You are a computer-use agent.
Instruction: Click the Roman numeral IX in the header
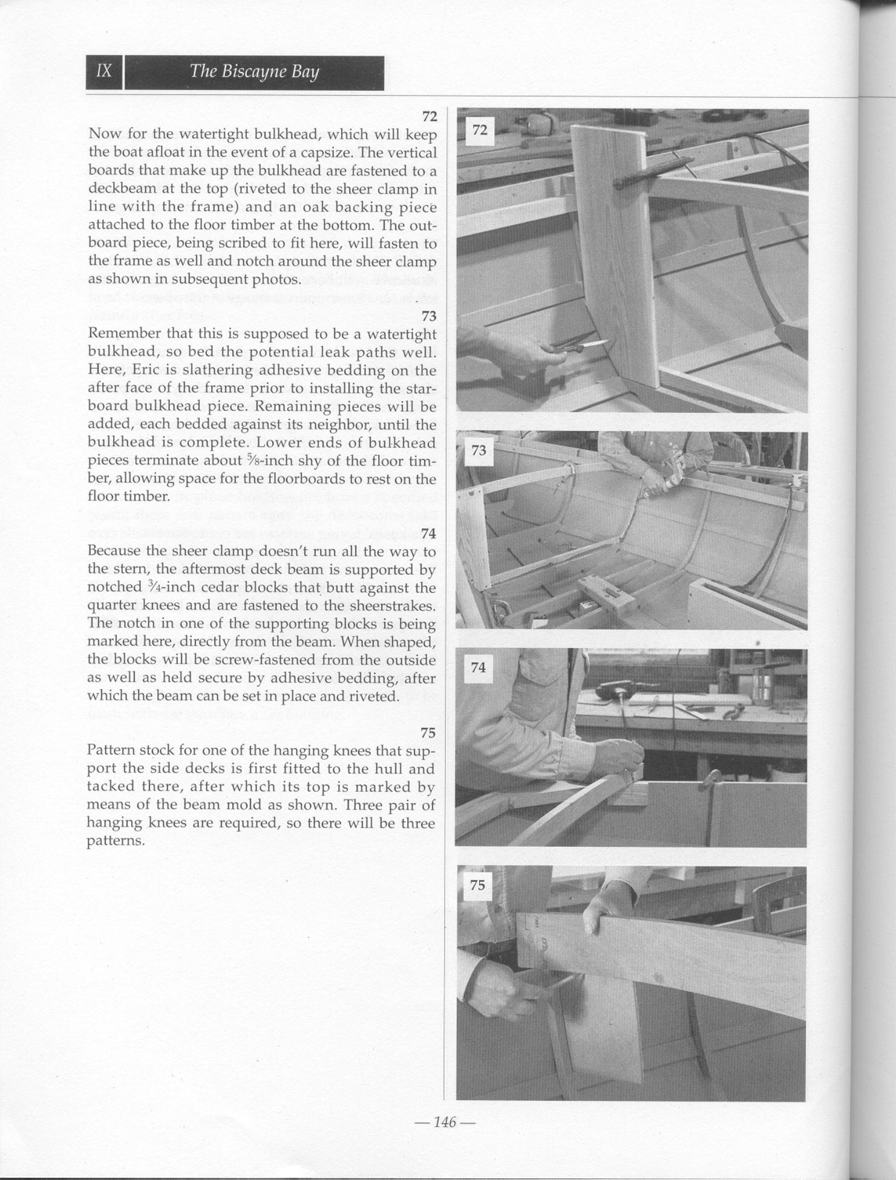(x=104, y=71)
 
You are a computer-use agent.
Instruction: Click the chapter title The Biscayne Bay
(x=254, y=72)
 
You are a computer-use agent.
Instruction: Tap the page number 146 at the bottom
(x=444, y=1122)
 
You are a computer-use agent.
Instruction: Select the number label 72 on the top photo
(x=480, y=130)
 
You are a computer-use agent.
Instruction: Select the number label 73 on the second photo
(x=479, y=450)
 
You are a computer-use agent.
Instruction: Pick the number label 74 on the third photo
(x=478, y=667)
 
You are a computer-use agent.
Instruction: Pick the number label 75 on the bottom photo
(x=477, y=885)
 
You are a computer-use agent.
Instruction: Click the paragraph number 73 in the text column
(x=429, y=316)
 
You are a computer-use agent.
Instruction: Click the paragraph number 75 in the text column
(x=428, y=733)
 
